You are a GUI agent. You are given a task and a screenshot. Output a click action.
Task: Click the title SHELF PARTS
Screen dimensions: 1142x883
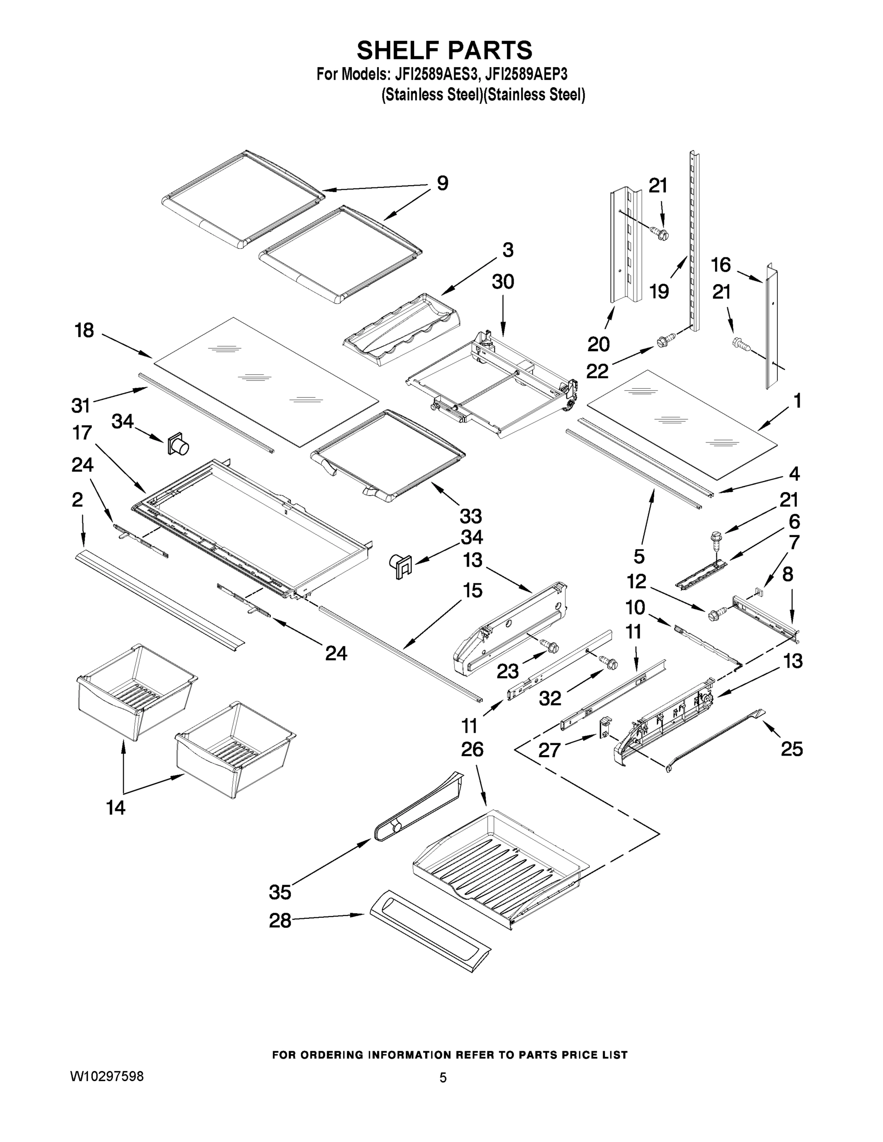pyautogui.click(x=444, y=51)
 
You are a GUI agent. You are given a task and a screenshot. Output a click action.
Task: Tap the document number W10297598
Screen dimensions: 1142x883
pyautogui.click(x=107, y=1076)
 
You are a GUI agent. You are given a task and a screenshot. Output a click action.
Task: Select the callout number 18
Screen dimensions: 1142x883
pyautogui.click(x=84, y=331)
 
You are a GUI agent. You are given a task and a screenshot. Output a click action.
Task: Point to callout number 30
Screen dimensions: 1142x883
pyautogui.click(x=503, y=282)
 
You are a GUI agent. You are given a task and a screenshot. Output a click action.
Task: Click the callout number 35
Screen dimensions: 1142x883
pyautogui.click(x=280, y=892)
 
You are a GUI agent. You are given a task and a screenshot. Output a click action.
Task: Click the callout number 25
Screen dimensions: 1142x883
pyautogui.click(x=792, y=749)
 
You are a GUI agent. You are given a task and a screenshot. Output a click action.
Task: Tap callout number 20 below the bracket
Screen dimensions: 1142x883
pyautogui.click(x=598, y=344)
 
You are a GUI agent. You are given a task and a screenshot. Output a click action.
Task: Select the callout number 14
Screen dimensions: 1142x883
pyautogui.click(x=116, y=808)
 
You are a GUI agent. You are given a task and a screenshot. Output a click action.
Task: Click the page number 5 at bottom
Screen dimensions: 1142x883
pyautogui.click(x=443, y=1078)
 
